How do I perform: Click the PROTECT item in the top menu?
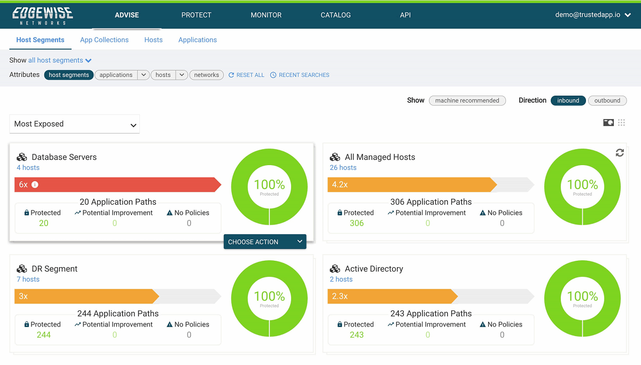pyautogui.click(x=196, y=15)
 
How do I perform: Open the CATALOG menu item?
pyautogui.click(x=335, y=15)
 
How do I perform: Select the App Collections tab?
pyautogui.click(x=104, y=40)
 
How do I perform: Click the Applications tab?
pyautogui.click(x=198, y=40)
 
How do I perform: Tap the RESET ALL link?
pyautogui.click(x=246, y=75)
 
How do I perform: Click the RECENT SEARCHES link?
pyautogui.click(x=300, y=75)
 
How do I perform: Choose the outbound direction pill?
pyautogui.click(x=607, y=100)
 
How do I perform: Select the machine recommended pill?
pyautogui.click(x=467, y=100)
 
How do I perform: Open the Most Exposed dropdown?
pyautogui.click(x=74, y=124)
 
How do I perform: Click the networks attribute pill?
pyautogui.click(x=207, y=75)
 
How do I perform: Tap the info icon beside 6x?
pyautogui.click(x=35, y=185)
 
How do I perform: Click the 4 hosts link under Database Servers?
pyautogui.click(x=28, y=168)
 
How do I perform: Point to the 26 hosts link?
pyautogui.click(x=343, y=168)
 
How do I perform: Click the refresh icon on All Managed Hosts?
pyautogui.click(x=620, y=153)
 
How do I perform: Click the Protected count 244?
pyautogui.click(x=43, y=335)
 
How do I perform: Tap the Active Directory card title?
pyautogui.click(x=374, y=269)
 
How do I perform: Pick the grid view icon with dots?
pyautogui.click(x=621, y=123)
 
